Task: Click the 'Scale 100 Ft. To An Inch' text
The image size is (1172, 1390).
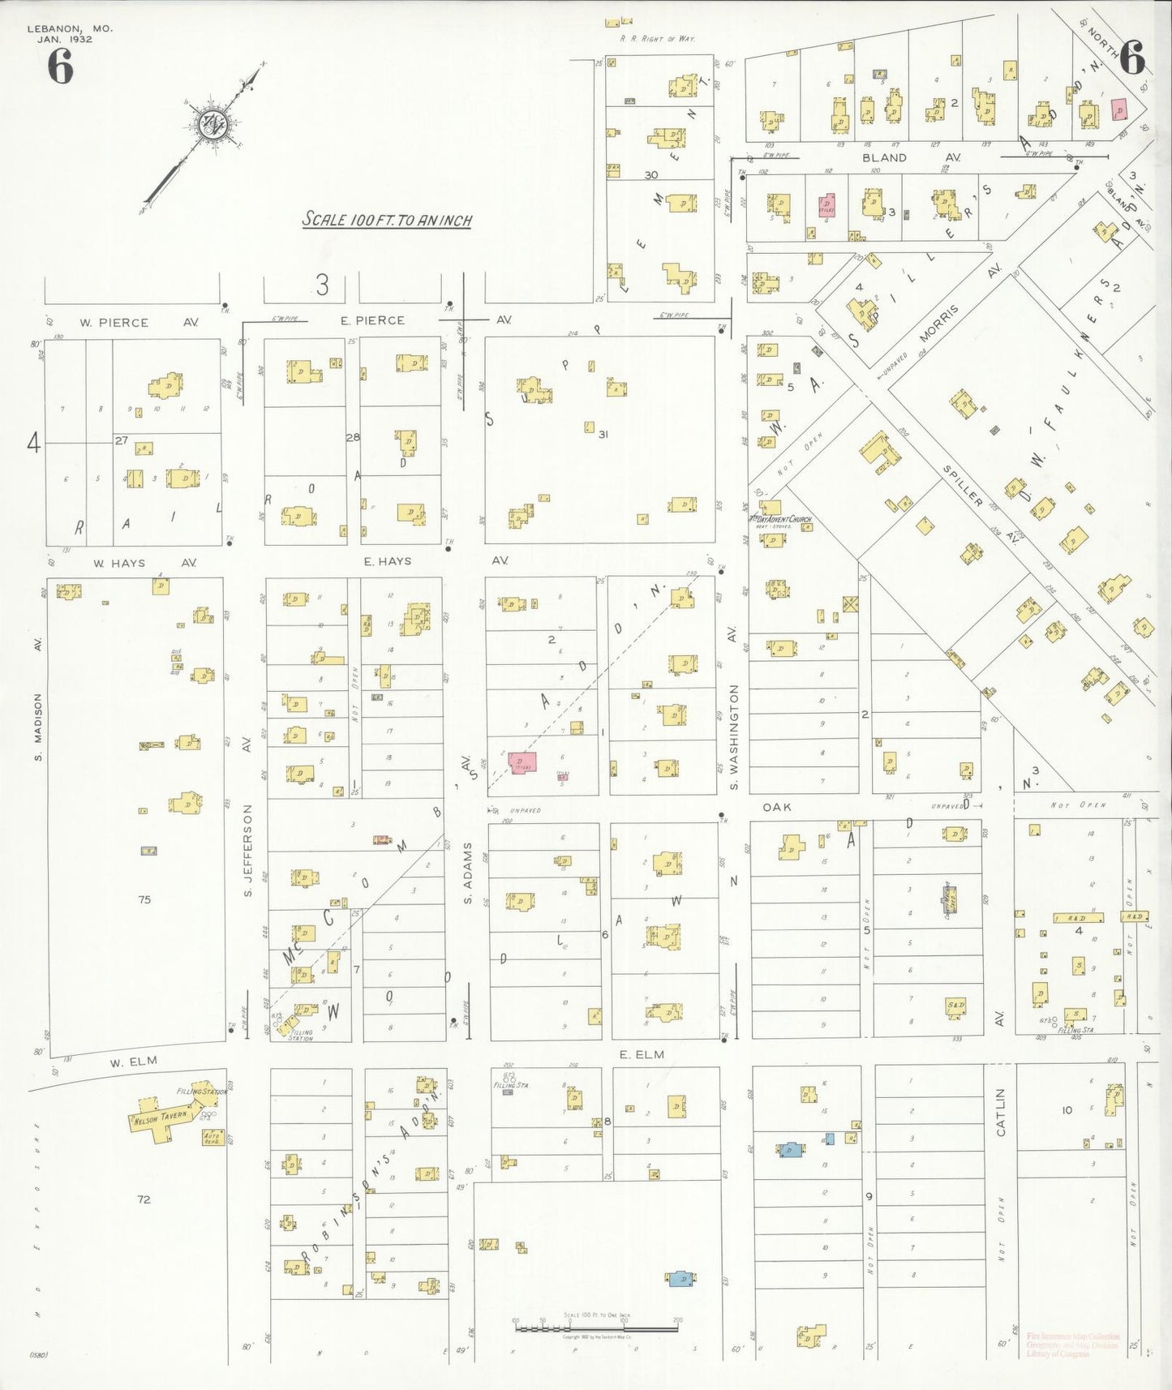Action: click(387, 220)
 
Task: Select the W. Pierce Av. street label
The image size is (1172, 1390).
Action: click(138, 322)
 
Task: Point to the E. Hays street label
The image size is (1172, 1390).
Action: click(388, 560)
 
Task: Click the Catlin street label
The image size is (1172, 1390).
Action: click(1000, 1112)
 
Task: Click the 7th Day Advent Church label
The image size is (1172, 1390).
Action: click(779, 519)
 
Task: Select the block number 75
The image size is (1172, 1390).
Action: click(144, 899)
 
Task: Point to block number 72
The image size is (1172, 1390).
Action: click(144, 1199)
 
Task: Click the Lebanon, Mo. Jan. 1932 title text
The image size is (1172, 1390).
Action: click(70, 33)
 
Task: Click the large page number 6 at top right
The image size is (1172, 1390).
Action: click(1131, 58)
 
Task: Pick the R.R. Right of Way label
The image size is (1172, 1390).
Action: click(657, 38)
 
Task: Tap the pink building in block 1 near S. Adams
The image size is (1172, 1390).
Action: click(522, 762)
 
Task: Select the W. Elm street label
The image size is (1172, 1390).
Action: click(134, 1061)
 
